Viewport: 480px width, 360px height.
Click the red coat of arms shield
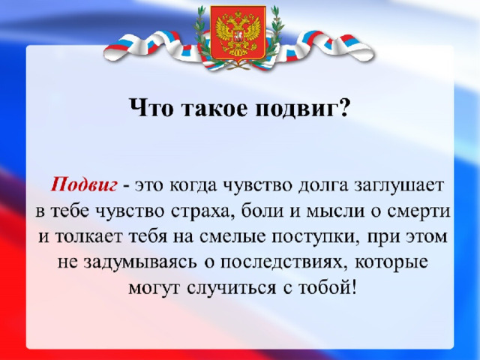238,33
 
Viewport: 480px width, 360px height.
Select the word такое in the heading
214,108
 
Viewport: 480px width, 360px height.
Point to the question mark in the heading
344,107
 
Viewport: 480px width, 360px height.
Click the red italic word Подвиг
84,185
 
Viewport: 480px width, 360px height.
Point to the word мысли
335,211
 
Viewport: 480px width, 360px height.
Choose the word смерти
419,211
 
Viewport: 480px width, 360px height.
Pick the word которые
391,263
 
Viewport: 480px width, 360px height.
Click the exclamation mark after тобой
354,286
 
